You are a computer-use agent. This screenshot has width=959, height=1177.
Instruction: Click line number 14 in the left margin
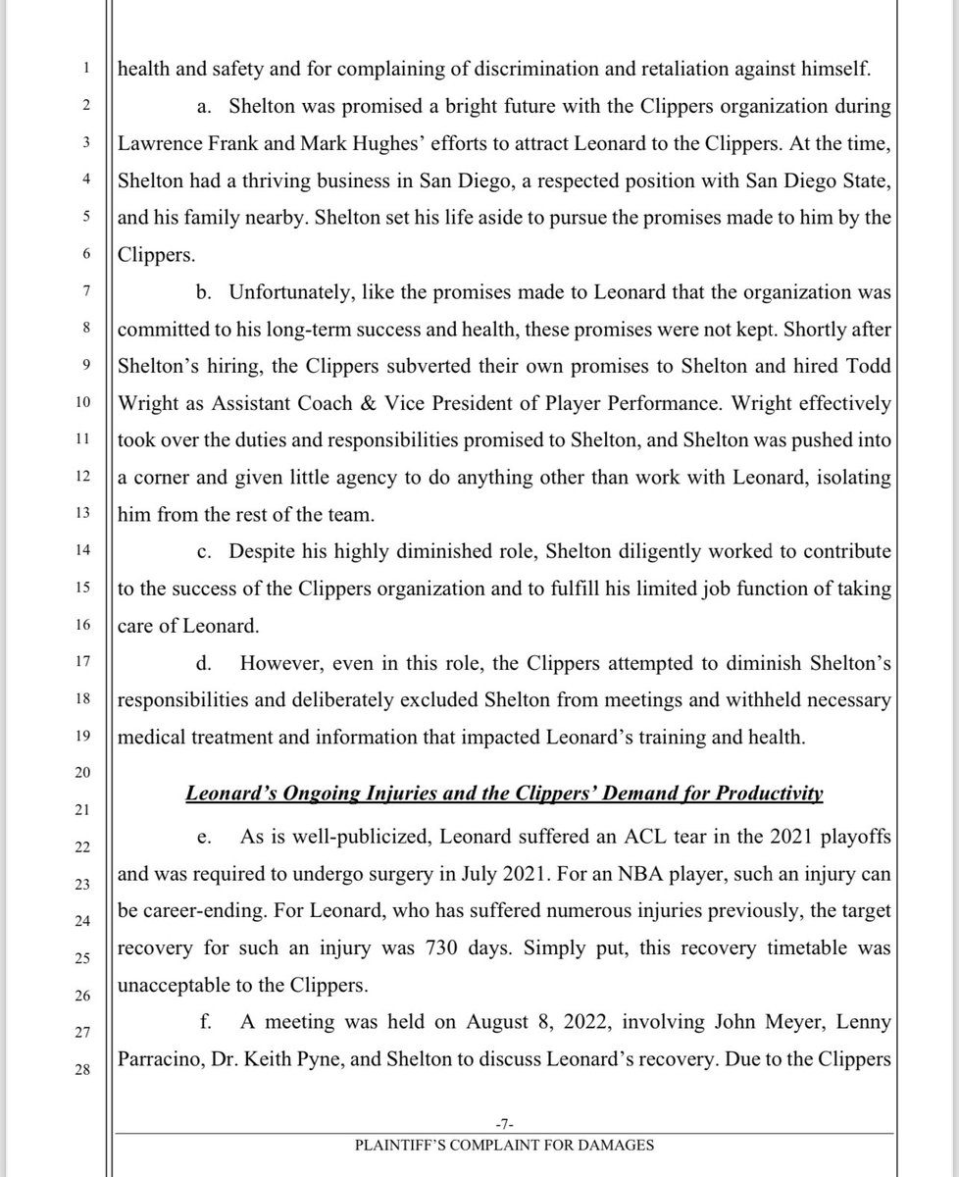[86, 551]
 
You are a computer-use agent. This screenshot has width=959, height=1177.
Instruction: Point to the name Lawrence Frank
[170, 143]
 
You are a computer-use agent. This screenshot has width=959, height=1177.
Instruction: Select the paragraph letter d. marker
[205, 663]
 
